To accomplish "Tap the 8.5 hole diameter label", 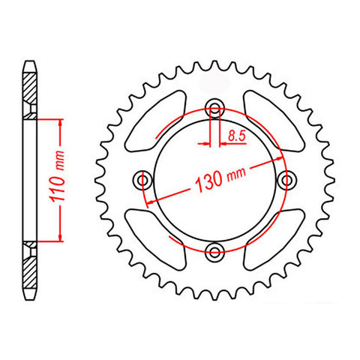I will [235, 136].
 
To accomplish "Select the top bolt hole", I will [216, 108].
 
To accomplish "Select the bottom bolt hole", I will [216, 252].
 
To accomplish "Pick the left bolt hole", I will [144, 180].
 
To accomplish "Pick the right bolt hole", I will [288, 180].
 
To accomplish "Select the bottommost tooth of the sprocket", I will [216, 295].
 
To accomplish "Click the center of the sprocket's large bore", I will [216, 180].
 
